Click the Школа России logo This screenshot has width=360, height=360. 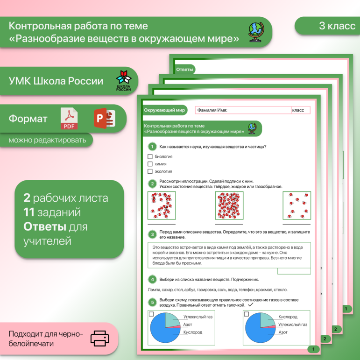[x=124, y=81]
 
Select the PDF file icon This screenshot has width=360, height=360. [x=69, y=119]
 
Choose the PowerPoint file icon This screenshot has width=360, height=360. [x=104, y=119]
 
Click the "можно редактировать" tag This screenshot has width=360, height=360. [x=47, y=140]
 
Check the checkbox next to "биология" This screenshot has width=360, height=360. [x=150, y=157]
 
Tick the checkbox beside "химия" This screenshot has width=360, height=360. [x=150, y=164]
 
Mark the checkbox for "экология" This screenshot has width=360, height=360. [x=150, y=171]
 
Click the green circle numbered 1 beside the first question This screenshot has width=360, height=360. [x=152, y=147]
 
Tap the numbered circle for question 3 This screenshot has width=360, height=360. [x=152, y=234]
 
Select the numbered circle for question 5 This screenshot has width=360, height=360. [x=152, y=302]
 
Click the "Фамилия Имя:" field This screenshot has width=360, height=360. [x=243, y=110]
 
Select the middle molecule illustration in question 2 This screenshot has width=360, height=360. [x=229, y=205]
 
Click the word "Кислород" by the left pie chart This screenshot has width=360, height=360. [x=193, y=332]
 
